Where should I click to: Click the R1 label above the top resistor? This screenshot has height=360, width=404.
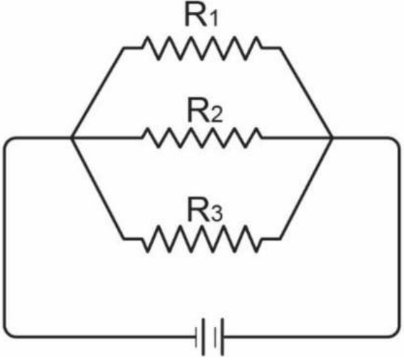tap(201, 16)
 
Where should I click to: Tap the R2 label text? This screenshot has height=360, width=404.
tap(205, 112)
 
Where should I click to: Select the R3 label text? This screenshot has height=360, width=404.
tap(205, 213)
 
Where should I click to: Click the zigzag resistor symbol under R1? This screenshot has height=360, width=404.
tap(202, 48)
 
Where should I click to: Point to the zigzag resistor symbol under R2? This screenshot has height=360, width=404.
tap(202, 137)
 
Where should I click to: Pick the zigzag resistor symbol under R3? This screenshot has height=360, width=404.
tap(202, 239)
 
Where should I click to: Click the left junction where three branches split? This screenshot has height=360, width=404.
tap(72, 138)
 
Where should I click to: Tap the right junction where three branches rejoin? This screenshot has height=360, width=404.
tap(331, 138)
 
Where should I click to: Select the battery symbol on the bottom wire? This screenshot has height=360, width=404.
tap(210, 337)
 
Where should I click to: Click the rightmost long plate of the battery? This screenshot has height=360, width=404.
tap(222, 337)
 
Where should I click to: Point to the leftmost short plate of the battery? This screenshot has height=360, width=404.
tap(196, 337)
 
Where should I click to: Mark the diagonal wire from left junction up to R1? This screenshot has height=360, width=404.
tap(98, 93)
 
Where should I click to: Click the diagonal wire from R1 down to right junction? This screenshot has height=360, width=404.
tap(305, 93)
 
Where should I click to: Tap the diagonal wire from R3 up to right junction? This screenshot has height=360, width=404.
tap(306, 189)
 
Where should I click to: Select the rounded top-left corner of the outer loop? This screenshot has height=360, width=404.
tap(8, 142)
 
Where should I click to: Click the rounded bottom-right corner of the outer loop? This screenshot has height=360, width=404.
tap(396, 333)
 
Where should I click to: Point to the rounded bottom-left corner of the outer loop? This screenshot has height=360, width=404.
tap(8, 333)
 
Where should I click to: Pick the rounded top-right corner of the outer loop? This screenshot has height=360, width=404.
tap(396, 142)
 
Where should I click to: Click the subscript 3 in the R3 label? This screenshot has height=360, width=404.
tap(215, 215)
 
